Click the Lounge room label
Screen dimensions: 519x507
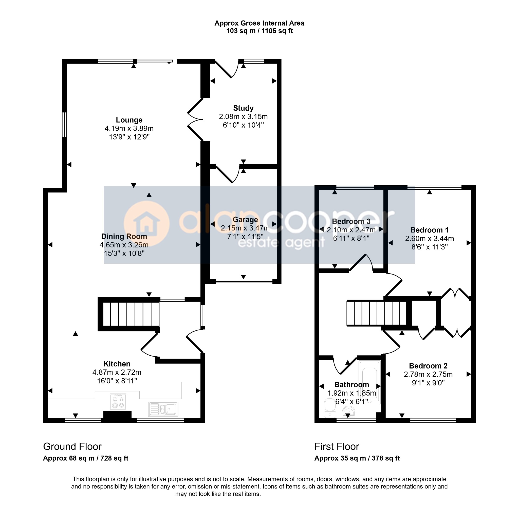click(x=129, y=120)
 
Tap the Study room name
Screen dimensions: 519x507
click(x=243, y=108)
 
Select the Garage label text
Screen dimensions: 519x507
click(x=245, y=220)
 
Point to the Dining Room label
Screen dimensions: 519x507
click(x=124, y=237)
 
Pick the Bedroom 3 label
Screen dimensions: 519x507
click(x=351, y=221)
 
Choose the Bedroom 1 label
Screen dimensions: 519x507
click(x=430, y=230)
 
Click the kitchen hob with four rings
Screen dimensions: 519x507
click(x=118, y=402)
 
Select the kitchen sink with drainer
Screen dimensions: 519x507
click(x=163, y=409)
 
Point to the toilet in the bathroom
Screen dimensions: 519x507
click(x=330, y=408)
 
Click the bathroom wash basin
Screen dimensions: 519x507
click(x=349, y=412)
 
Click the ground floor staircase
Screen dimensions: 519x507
click(x=131, y=314)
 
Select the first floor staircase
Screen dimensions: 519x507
click(x=377, y=313)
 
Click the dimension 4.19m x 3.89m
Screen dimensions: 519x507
click(x=129, y=128)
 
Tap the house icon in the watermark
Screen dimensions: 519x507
click(x=146, y=223)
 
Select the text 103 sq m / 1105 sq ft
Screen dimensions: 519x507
click(x=259, y=31)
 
